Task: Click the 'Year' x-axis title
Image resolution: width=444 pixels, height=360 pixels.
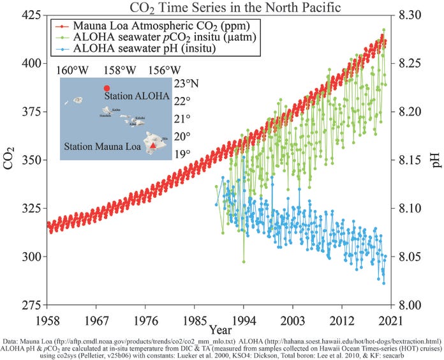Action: (x=221, y=329)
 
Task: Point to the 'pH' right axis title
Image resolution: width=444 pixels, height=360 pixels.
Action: (x=436, y=160)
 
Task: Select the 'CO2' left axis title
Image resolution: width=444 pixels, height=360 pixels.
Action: (x=10, y=160)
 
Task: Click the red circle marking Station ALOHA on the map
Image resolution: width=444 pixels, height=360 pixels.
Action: (x=107, y=88)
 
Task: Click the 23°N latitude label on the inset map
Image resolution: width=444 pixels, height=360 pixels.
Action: (x=186, y=84)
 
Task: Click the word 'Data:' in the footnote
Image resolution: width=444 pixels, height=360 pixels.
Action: (x=11, y=341)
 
